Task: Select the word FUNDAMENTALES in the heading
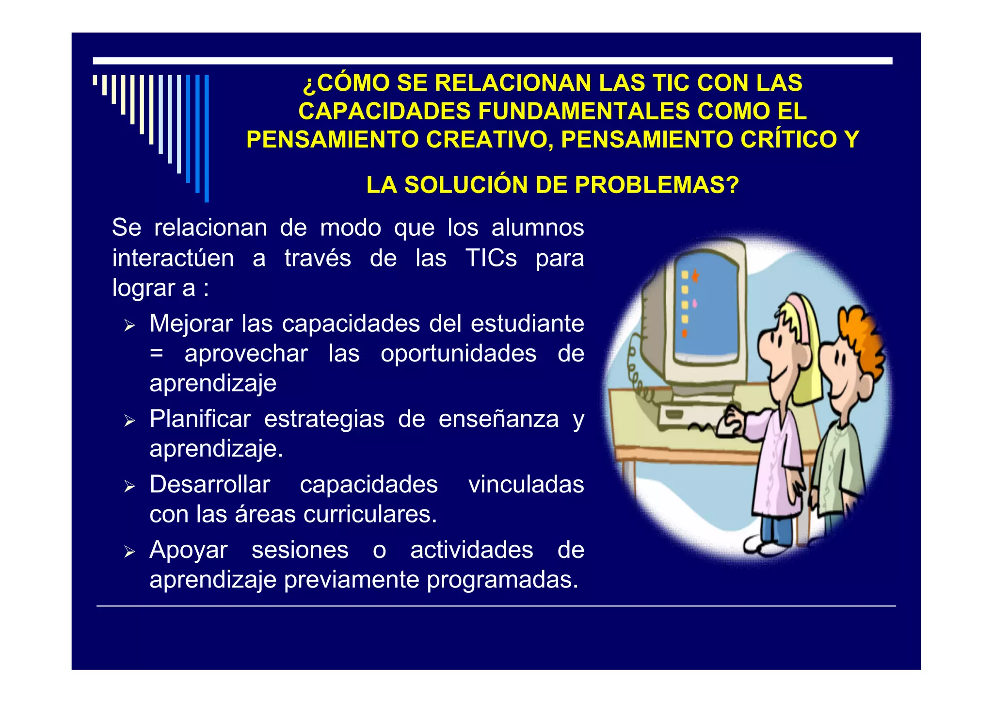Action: pyautogui.click(x=584, y=111)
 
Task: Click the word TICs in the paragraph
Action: pyautogui.click(x=491, y=258)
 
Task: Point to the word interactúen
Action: pyautogui.click(x=173, y=258)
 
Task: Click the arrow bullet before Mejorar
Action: pyautogui.click(x=129, y=326)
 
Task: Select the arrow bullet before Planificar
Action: pyautogui.click(x=129, y=421)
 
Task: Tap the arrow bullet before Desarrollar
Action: pyautogui.click(x=129, y=486)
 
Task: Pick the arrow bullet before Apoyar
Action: pyautogui.click(x=129, y=552)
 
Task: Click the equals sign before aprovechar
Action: pyautogui.click(x=156, y=354)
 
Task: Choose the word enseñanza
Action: pyautogui.click(x=498, y=419)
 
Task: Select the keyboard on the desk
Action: pyautogui.click(x=689, y=417)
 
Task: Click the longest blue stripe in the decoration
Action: pyautogui.click(x=207, y=138)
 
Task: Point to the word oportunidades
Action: pyautogui.click(x=458, y=354)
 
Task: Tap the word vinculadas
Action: pyautogui.click(x=526, y=485)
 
